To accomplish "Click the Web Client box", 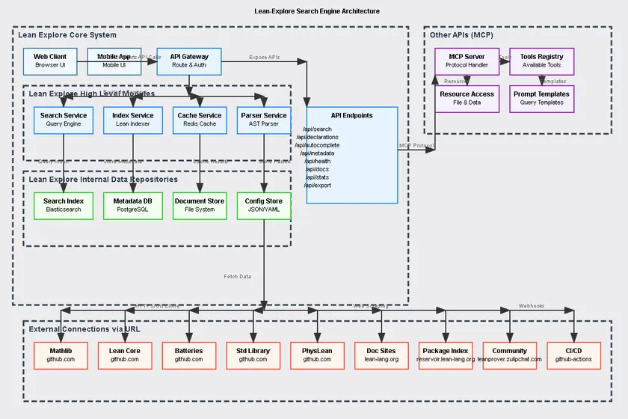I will pyautogui.click(x=50, y=61).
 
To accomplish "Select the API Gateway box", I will pyautogui.click(x=189, y=61).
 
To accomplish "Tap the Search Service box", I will pyautogui.click(x=64, y=120).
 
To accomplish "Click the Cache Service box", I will pyautogui.click(x=200, y=120).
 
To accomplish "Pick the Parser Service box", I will pyautogui.click(x=264, y=120).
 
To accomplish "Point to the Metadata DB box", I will pyautogui.click(x=132, y=205).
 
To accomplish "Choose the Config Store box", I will pyautogui.click(x=264, y=205).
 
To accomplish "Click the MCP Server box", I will pyautogui.click(x=467, y=61).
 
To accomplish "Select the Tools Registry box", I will pyautogui.click(x=542, y=61).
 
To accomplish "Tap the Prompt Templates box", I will pyautogui.click(x=542, y=98).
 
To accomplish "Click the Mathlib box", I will pyautogui.click(x=61, y=355).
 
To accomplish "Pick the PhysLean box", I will pyautogui.click(x=317, y=355).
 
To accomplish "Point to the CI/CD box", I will pyautogui.click(x=573, y=355).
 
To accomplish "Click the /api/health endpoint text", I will pyautogui.click(x=318, y=162).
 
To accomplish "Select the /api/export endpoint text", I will pyautogui.click(x=318, y=185).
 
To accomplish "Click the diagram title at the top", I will pyautogui.click(x=317, y=11).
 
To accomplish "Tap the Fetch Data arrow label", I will pyautogui.click(x=238, y=277).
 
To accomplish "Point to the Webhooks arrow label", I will pyautogui.click(x=532, y=306).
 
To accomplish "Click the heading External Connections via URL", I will pyautogui.click(x=84, y=329).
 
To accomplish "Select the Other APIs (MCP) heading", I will pyautogui.click(x=461, y=35).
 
